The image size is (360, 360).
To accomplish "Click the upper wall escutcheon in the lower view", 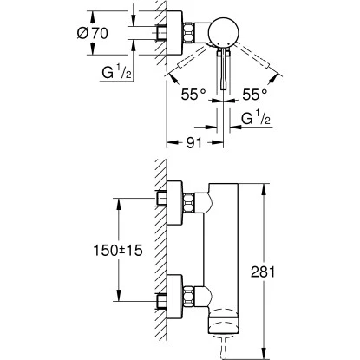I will coord(180,202).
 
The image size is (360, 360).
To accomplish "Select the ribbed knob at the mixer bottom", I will coord(225,324).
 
